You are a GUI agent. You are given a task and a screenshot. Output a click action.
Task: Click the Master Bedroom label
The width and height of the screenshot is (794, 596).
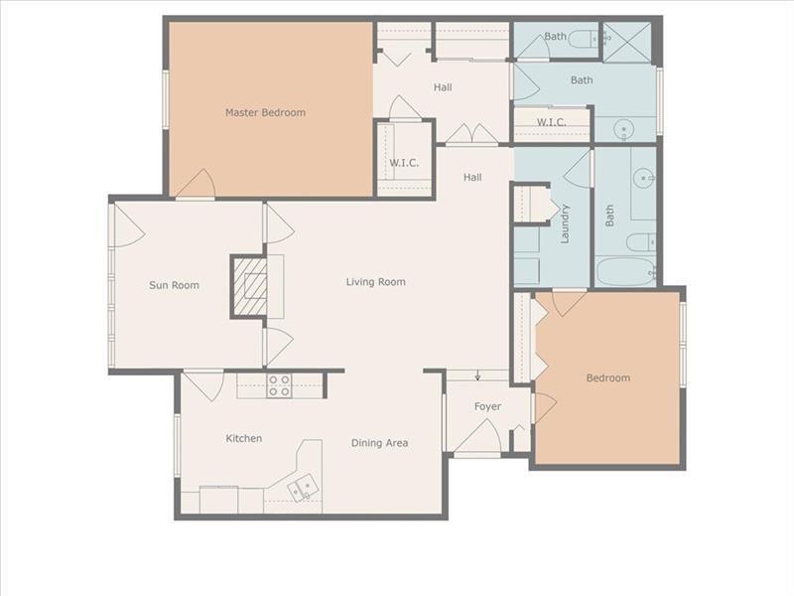265,112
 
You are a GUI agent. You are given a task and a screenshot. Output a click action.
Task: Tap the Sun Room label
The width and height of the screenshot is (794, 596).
174,285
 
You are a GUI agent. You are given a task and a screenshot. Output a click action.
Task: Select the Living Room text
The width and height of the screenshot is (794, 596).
376,282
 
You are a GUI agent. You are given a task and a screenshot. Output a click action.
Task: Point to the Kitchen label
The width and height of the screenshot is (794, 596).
243,438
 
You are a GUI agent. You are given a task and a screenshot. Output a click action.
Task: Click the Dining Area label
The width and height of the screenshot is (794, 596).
379,443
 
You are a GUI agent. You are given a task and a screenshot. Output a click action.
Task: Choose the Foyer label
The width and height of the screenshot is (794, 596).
487,406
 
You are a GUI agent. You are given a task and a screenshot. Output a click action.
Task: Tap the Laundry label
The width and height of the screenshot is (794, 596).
565,223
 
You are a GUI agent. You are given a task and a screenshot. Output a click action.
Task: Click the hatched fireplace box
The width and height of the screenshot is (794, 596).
249,287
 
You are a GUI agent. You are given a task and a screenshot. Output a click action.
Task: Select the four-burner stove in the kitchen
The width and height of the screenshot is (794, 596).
279,385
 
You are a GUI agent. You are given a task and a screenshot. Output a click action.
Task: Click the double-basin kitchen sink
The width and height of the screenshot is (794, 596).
303,488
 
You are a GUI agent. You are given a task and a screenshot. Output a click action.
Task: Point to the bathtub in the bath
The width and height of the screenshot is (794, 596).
626,271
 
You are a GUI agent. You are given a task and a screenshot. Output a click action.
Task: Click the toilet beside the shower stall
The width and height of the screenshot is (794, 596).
584,39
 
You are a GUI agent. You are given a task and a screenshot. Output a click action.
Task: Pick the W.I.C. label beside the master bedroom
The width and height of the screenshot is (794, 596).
404,163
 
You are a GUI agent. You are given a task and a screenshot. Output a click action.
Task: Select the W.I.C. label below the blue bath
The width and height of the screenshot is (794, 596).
552,122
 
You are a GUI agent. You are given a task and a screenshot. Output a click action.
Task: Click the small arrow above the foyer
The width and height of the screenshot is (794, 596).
477,375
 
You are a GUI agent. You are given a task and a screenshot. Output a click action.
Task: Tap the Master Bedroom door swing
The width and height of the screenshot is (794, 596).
197,184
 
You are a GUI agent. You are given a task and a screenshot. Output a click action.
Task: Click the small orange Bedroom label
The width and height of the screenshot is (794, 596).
608,378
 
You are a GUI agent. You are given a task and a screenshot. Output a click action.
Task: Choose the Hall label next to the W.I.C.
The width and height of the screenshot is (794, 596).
472,178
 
